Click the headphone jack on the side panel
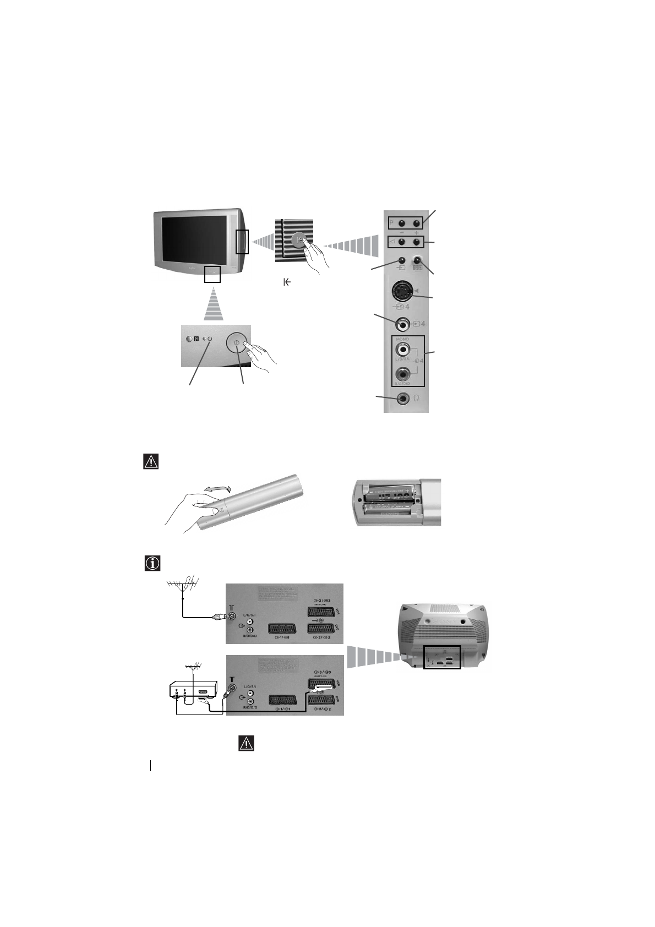click(x=405, y=398)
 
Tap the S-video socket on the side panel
click(x=403, y=292)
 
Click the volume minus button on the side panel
click(x=403, y=243)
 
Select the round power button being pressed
click(x=238, y=343)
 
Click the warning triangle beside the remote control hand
click(x=150, y=461)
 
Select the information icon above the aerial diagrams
click(x=151, y=563)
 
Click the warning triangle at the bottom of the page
click(x=246, y=743)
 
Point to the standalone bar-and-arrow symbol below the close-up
click(x=287, y=282)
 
